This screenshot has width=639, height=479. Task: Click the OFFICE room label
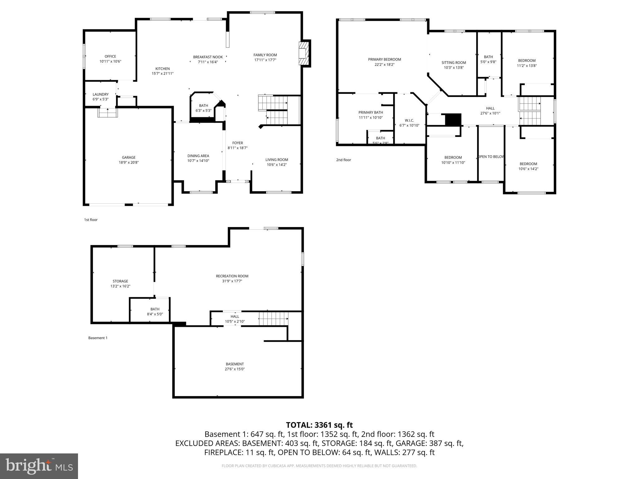pos(110,56)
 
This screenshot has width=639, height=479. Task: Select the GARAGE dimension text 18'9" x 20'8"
pos(129,162)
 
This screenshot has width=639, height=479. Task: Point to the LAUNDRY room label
pos(100,94)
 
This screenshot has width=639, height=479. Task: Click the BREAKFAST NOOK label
pos(208,57)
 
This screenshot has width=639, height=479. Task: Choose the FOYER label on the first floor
pos(237,143)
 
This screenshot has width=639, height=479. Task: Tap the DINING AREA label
pos(198,156)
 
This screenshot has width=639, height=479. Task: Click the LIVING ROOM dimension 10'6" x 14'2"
pos(276,165)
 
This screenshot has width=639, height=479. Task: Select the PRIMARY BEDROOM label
pos(384,60)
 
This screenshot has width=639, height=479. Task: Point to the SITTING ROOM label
pos(454,63)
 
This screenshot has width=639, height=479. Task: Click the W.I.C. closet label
pos(409,120)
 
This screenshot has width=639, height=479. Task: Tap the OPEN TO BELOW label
pos(491,157)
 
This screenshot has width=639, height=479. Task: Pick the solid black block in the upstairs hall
pos(453,119)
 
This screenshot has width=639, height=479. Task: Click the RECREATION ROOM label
pos(232,276)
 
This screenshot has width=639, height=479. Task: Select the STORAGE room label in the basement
pos(120,281)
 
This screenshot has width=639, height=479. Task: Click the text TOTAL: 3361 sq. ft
pos(319,425)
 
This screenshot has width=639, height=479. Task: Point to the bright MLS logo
pos(39,466)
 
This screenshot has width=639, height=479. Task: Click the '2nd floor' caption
pos(344,160)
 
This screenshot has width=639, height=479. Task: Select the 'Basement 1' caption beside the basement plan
pos(98,338)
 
